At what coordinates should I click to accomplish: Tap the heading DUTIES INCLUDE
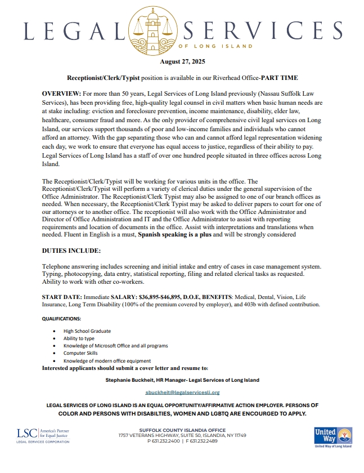click(71, 249)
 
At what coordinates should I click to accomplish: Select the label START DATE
click(62, 296)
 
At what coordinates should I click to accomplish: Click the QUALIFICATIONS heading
click(61, 319)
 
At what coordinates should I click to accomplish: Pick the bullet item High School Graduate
click(87, 331)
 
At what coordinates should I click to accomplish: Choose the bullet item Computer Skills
click(80, 353)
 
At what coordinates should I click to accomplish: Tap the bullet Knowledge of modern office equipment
click(107, 360)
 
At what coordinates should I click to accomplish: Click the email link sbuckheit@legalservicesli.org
click(182, 392)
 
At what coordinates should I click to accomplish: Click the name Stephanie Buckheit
click(131, 380)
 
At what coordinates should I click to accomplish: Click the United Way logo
click(332, 437)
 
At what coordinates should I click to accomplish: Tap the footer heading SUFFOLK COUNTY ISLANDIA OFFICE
click(181, 430)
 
